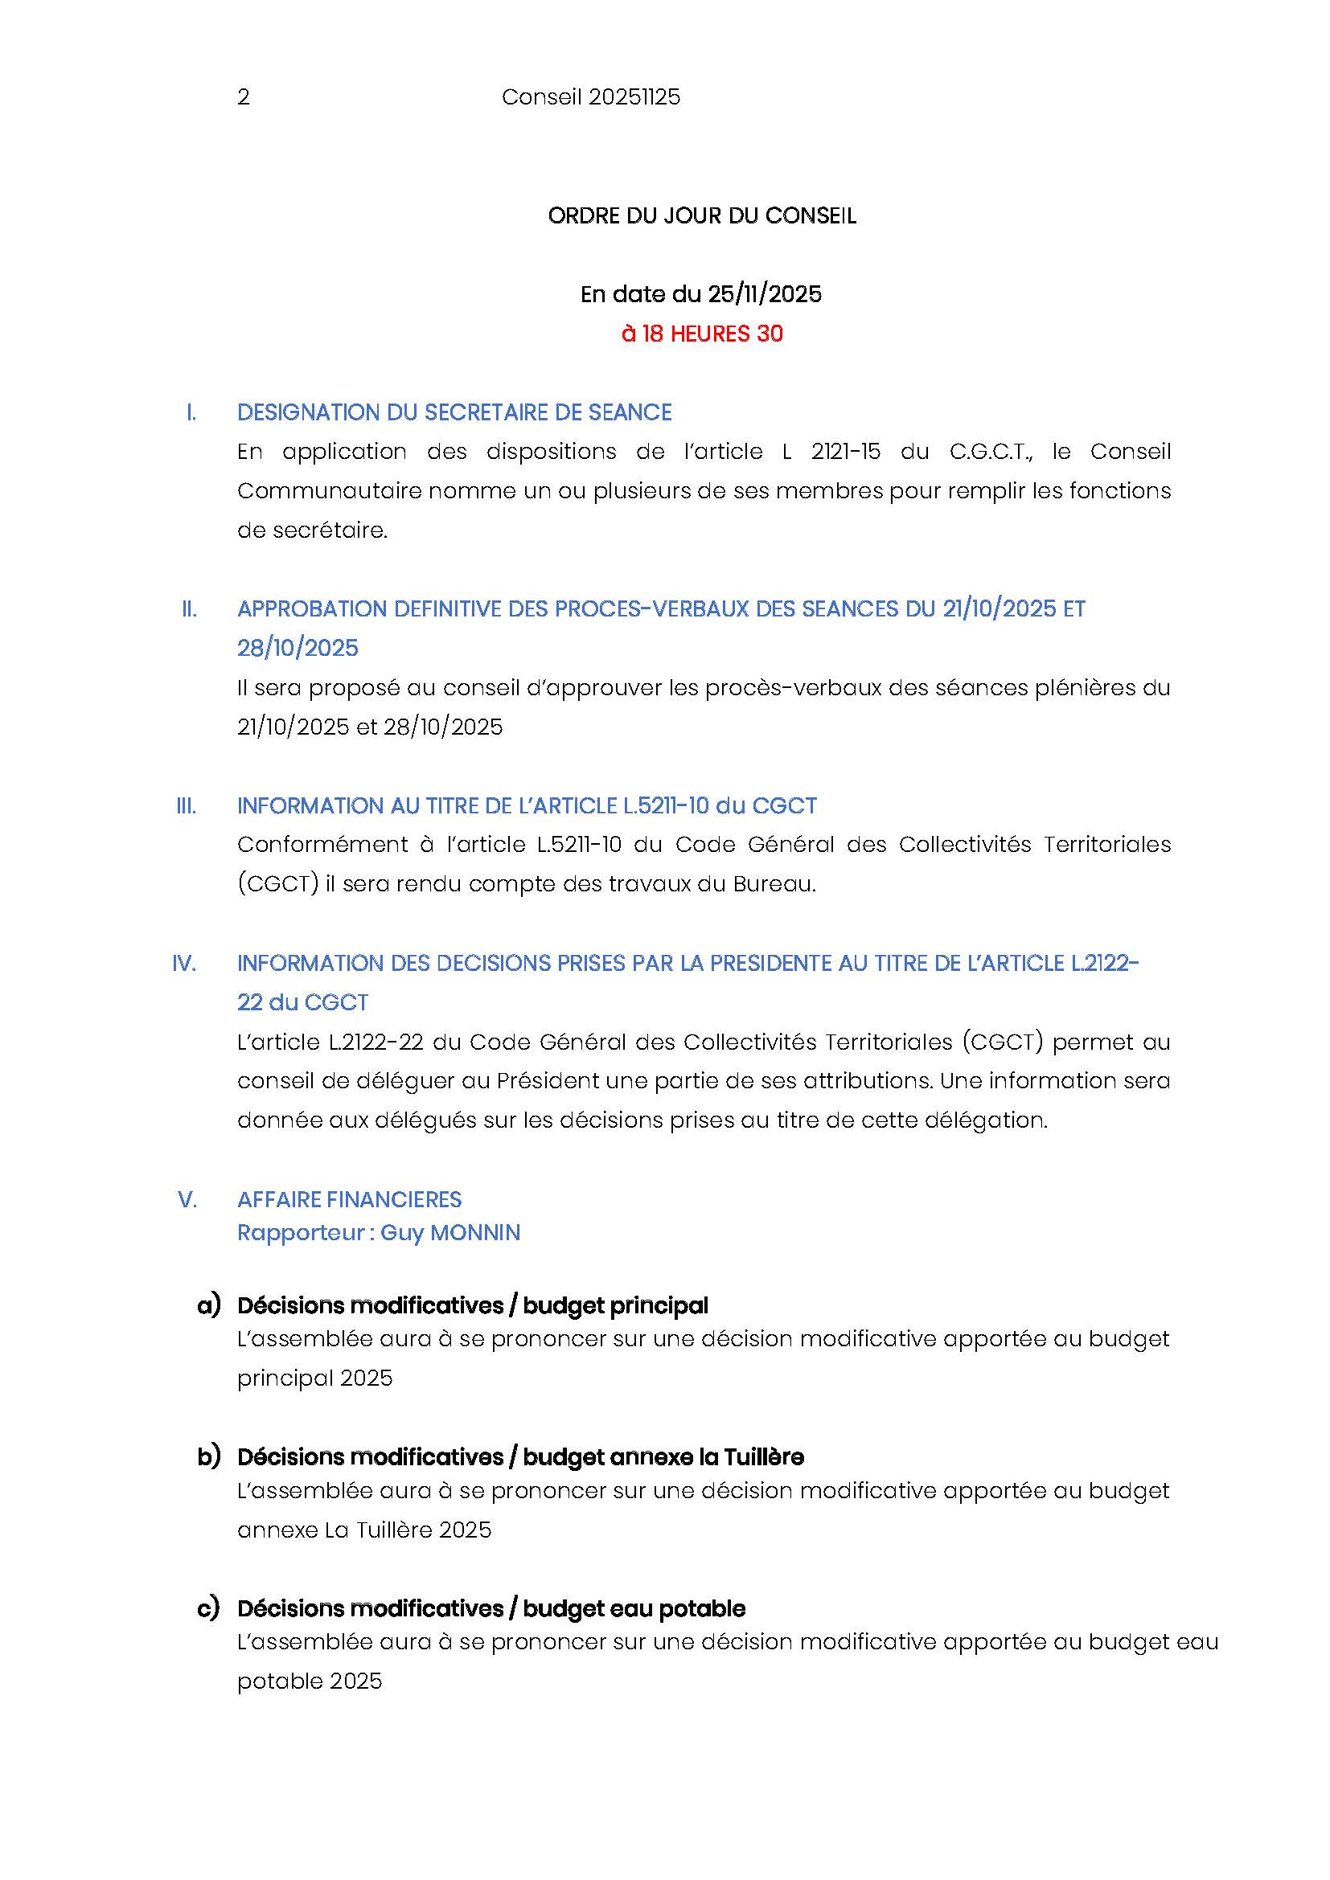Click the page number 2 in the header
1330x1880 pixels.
243,97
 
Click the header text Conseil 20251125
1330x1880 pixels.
590,97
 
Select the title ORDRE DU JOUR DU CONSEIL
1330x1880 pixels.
702,216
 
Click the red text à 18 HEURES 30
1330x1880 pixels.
702,334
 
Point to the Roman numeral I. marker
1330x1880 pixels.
191,412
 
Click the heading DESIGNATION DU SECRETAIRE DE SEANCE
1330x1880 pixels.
454,412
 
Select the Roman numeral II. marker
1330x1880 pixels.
189,609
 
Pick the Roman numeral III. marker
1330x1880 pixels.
187,805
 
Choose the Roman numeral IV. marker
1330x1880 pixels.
184,964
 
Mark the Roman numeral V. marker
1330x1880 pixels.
187,1199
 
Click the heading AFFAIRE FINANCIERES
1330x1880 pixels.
350,1199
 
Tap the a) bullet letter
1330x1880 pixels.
209,1305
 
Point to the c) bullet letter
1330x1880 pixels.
209,1608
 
